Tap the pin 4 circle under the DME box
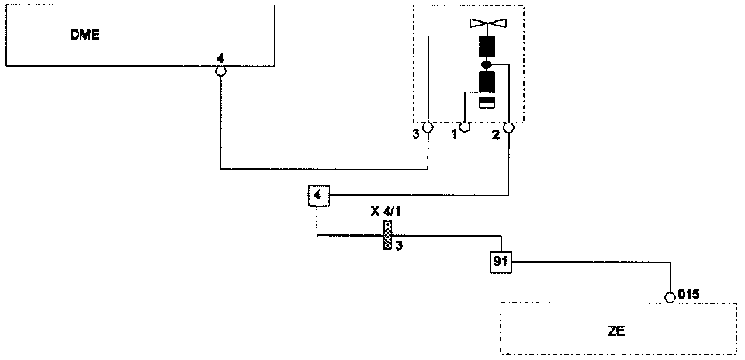click(x=220, y=71)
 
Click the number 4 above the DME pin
click(x=220, y=57)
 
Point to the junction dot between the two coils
click(x=487, y=64)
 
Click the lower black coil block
click(x=487, y=81)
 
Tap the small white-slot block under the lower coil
click(x=487, y=102)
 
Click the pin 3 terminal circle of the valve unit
click(x=427, y=127)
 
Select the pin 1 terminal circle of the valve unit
click(x=466, y=126)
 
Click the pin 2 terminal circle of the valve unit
click(x=509, y=127)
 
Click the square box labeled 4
click(x=317, y=196)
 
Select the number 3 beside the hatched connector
click(x=399, y=246)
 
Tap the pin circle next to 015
click(x=670, y=296)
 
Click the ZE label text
click(x=617, y=330)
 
